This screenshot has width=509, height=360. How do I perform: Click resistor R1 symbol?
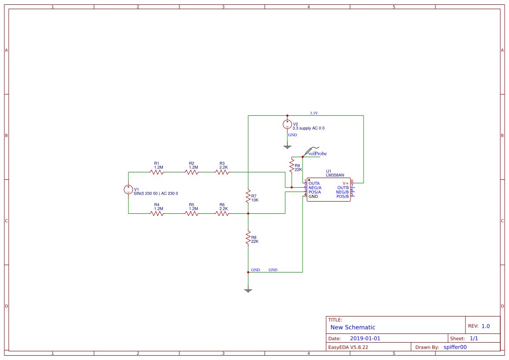click(157, 172)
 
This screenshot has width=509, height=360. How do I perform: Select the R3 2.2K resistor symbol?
click(222, 172)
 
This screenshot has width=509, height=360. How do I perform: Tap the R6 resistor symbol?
click(222, 213)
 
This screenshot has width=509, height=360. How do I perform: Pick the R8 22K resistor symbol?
click(248, 238)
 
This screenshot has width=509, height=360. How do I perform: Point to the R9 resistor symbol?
click(292, 165)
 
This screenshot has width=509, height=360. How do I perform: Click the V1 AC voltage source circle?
click(128, 189)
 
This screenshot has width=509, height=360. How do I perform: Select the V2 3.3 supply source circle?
click(287, 124)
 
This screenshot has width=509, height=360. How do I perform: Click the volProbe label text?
click(317, 154)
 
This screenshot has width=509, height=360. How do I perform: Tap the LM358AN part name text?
click(335, 175)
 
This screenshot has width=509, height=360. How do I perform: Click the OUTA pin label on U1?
click(314, 183)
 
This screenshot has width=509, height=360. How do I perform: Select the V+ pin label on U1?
click(345, 183)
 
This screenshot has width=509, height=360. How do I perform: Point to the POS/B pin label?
click(342, 196)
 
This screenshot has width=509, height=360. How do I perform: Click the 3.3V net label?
click(314, 113)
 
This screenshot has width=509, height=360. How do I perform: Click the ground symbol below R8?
click(248, 289)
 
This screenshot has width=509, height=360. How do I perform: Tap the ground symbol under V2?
click(287, 146)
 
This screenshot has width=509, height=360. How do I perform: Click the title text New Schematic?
click(353, 327)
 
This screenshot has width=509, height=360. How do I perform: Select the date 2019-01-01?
click(365, 338)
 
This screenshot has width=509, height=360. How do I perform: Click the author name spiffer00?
click(455, 347)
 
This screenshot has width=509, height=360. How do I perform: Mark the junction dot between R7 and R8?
click(248, 213)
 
